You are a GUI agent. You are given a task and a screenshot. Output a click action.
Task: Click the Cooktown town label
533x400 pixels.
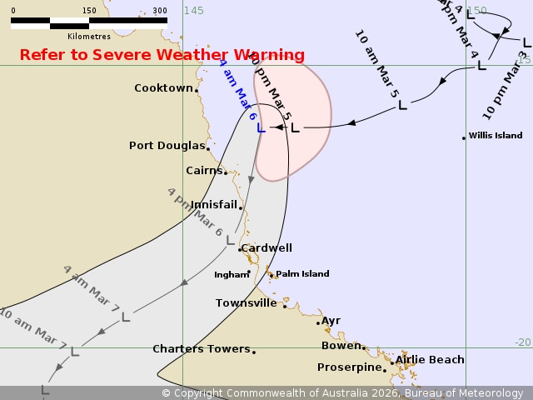(163, 87)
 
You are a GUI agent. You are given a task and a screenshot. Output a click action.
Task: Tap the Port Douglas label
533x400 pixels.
(167, 146)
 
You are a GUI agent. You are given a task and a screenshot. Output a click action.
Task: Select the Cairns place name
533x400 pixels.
(204, 171)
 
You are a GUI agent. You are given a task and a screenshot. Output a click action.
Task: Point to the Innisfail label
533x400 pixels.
(214, 204)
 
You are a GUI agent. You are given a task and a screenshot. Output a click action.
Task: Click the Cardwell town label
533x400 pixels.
(266, 247)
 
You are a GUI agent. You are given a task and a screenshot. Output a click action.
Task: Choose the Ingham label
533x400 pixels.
(231, 274)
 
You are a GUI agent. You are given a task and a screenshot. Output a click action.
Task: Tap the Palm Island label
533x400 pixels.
(302, 273)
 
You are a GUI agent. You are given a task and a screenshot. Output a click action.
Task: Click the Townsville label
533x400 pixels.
(246, 303)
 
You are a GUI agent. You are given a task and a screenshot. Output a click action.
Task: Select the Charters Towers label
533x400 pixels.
(201, 349)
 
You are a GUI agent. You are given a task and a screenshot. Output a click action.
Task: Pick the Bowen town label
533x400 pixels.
(341, 345)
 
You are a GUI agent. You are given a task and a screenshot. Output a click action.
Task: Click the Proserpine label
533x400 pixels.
(349, 367)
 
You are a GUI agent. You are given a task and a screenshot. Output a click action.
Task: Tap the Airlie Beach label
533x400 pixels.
(430, 360)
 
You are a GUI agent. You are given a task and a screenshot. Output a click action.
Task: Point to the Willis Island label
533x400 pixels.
(496, 135)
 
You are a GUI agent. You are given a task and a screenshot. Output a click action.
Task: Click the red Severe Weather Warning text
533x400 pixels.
(162, 55)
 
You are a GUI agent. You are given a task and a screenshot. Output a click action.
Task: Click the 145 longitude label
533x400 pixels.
(193, 10)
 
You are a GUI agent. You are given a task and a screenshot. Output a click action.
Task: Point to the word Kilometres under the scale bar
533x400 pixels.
(89, 36)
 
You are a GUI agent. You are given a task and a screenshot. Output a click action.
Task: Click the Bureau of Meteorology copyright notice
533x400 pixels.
(342, 392)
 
